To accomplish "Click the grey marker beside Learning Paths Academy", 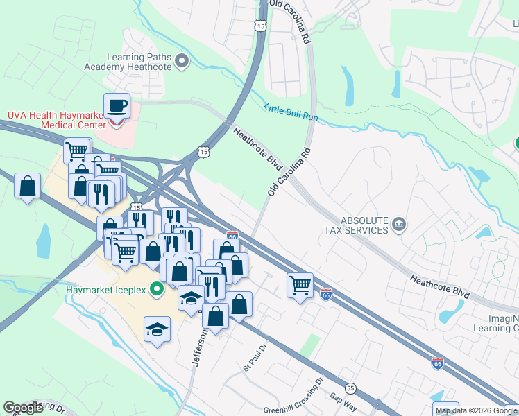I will coord(182,62).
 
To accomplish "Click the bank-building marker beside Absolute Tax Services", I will coord(399,224).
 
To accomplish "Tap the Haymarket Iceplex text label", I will coord(105,289).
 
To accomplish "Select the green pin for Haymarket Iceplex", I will coord(157,289).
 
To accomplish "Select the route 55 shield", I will coord(350,388).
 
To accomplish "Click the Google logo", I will coord(24,408).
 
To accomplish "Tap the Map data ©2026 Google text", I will coord(476,410).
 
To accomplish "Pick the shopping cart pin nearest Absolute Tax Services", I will coord(300,284).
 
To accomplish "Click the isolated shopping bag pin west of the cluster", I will coord(27,186).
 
